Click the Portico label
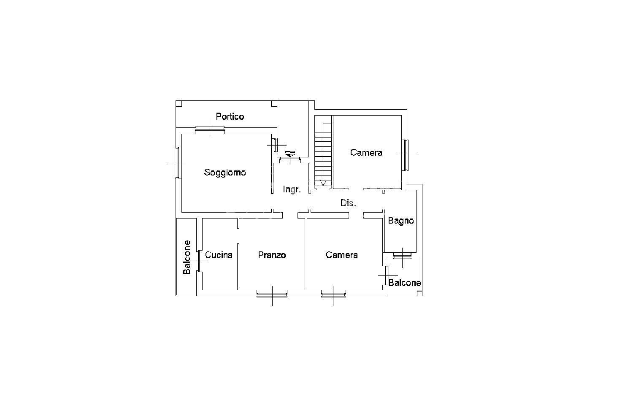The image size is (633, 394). pyautogui.click(x=230, y=116)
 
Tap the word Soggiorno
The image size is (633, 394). pyautogui.click(x=225, y=172)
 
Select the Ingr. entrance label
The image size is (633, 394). pyautogui.click(x=292, y=189)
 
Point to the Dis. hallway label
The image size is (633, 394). pyautogui.click(x=348, y=203)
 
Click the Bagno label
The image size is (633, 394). pyautogui.click(x=401, y=221)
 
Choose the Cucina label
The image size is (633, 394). pyautogui.click(x=219, y=255)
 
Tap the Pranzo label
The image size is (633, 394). pyautogui.click(x=272, y=255)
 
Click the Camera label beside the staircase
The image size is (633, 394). pyautogui.click(x=366, y=153)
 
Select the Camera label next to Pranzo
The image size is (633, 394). pyautogui.click(x=342, y=255)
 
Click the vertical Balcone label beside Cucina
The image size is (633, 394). pyautogui.click(x=187, y=257)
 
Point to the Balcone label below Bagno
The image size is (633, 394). pyautogui.click(x=405, y=283)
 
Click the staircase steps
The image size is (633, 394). pyautogui.click(x=323, y=154)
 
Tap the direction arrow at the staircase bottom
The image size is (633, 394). pyautogui.click(x=323, y=183)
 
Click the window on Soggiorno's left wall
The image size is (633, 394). pyautogui.click(x=178, y=163)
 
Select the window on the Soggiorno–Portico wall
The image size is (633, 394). pyautogui.click(x=210, y=129)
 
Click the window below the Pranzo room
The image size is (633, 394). pyautogui.click(x=272, y=294)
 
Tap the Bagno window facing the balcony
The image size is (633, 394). pyautogui.click(x=403, y=256)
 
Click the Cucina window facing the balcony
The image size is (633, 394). pyautogui.click(x=198, y=261)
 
